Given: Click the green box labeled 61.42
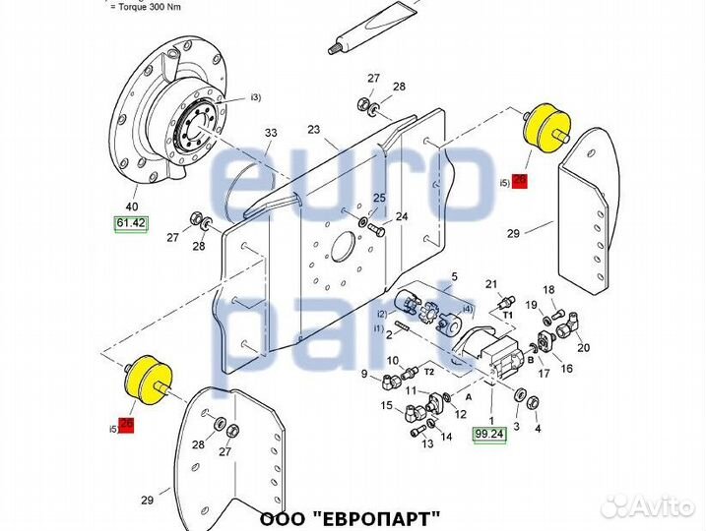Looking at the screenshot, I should pyautogui.click(x=131, y=224).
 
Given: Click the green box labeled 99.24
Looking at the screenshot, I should pyautogui.click(x=488, y=433).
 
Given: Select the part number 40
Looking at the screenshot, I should pyautogui.click(x=131, y=206).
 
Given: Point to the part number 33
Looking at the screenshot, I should pyautogui.click(x=271, y=133).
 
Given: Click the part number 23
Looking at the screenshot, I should pyautogui.click(x=315, y=128).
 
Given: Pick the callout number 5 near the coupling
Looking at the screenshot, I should pyautogui.click(x=454, y=277).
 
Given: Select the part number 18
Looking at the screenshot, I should pyautogui.click(x=549, y=289).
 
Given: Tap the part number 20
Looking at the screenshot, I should pyautogui.click(x=583, y=348).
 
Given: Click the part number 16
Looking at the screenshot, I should pyautogui.click(x=566, y=368).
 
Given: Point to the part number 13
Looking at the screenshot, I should pyautogui.click(x=428, y=444).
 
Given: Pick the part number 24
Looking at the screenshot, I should pyautogui.click(x=401, y=216).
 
